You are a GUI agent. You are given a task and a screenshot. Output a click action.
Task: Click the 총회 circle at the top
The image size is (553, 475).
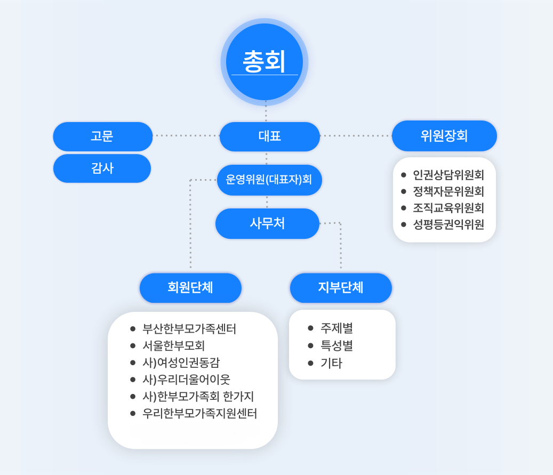[265, 62]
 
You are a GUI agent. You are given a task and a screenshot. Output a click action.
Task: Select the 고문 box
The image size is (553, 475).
[102, 136]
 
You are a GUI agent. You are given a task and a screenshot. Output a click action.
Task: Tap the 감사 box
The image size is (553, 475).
[102, 168]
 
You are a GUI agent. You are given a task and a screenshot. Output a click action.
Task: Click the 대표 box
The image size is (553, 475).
[269, 136]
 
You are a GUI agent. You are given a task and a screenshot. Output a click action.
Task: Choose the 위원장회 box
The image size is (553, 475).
[444, 136]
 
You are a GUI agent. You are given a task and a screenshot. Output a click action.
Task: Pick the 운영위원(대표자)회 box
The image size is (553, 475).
[269, 180]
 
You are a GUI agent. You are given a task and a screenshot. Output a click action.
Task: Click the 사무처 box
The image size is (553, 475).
[267, 223]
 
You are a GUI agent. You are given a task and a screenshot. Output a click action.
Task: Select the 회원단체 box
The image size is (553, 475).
[190, 288]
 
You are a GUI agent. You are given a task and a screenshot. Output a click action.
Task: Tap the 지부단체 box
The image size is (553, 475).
[341, 288]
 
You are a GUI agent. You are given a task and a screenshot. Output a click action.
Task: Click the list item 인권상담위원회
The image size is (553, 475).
[448, 175]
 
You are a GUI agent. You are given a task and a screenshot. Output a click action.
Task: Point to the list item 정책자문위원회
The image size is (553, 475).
[448, 191]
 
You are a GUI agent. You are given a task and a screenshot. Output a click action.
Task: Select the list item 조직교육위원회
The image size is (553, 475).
[448, 208]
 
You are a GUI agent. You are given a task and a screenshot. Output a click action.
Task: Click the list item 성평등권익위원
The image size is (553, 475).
[448, 224]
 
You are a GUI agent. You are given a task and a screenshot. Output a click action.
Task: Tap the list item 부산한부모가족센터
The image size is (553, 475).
[189, 329]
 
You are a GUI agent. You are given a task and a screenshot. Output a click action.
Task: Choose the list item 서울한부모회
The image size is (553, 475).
[174, 346]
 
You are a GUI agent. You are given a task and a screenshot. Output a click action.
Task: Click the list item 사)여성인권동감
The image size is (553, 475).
[181, 363]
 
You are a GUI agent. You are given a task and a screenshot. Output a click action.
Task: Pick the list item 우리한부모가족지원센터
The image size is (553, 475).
[200, 413]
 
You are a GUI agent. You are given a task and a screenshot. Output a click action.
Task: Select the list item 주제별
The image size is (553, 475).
[336, 328]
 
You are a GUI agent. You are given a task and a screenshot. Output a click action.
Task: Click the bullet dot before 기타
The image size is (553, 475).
[311, 363]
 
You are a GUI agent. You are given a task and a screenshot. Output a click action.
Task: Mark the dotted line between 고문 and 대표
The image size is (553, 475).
[186, 136]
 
